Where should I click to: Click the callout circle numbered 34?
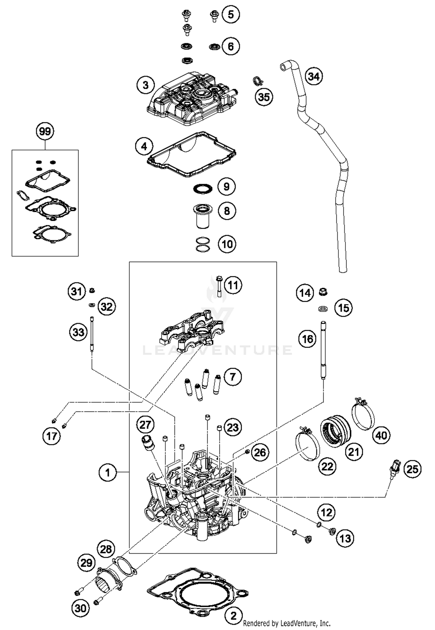click(314, 77)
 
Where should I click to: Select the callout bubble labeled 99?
click(45, 131)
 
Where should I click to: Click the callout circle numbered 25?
click(412, 469)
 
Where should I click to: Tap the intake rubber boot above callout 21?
click(336, 435)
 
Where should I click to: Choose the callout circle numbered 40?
click(381, 436)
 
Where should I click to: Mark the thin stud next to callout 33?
click(92, 334)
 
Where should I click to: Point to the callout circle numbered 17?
click(52, 436)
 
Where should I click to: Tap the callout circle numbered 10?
click(227, 244)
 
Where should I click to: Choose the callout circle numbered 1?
click(107, 473)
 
